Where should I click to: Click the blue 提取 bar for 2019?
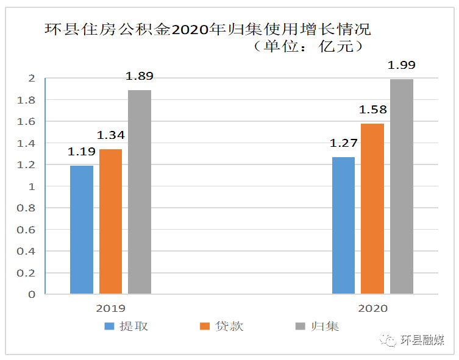(x=82, y=230)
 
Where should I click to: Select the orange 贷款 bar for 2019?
(x=110, y=222)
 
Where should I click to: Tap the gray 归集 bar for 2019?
(x=139, y=192)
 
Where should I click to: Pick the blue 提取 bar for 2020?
(x=343, y=225)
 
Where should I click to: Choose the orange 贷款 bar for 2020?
(x=372, y=209)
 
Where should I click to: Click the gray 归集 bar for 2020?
(x=402, y=186)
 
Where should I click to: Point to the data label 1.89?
(x=139, y=77)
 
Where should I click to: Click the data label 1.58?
(x=372, y=110)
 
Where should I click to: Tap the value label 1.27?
(x=343, y=144)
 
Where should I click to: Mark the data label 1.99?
(x=402, y=65)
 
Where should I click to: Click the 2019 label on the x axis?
(x=110, y=309)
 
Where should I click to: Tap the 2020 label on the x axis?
(x=372, y=309)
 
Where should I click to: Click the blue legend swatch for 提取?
(x=110, y=326)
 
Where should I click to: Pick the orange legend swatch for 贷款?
(x=205, y=326)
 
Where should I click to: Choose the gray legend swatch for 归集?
(x=300, y=326)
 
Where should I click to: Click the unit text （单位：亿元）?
(x=309, y=46)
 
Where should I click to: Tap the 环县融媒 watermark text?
(x=422, y=340)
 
